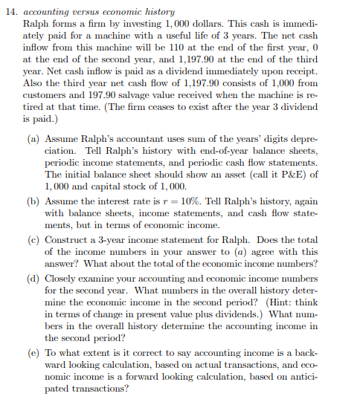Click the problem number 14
(x=12, y=13)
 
